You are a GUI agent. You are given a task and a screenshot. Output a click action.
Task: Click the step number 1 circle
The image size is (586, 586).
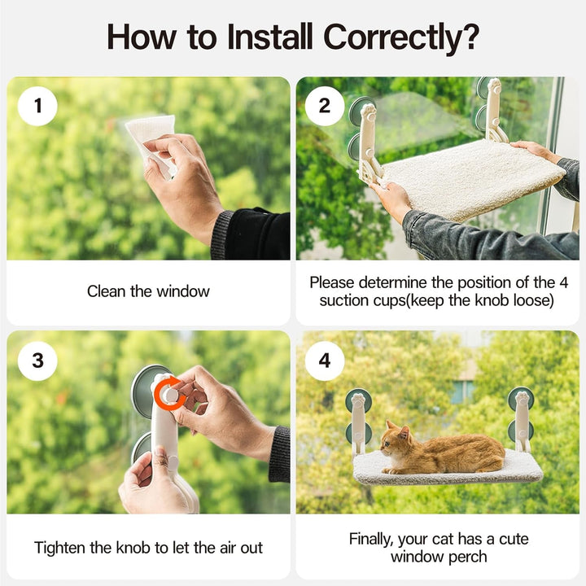click(x=37, y=106)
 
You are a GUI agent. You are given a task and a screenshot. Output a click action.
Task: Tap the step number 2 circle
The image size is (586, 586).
click(x=325, y=106)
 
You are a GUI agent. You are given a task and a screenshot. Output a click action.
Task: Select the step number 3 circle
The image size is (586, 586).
click(x=37, y=361)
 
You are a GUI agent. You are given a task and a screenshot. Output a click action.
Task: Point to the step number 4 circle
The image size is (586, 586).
click(x=325, y=361)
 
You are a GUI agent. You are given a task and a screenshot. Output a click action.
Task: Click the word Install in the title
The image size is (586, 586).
click(x=270, y=37)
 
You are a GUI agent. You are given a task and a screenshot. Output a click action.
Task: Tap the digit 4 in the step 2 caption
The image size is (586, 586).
click(x=563, y=283)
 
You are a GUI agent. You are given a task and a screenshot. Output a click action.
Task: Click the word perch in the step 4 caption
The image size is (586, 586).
click(x=468, y=558)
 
